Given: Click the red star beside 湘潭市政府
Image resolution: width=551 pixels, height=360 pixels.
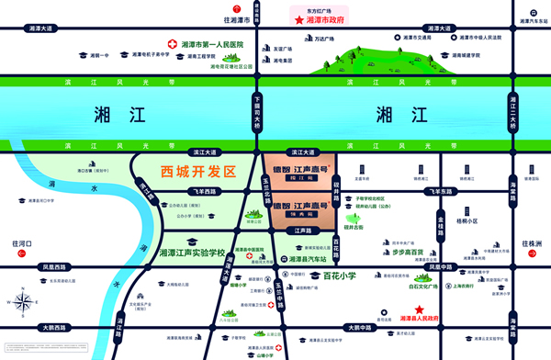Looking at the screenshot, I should [x=298, y=19].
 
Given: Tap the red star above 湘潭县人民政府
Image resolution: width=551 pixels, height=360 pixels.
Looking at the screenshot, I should [x=420, y=309].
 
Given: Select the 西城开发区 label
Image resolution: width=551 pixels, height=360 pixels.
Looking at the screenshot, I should [x=198, y=172].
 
